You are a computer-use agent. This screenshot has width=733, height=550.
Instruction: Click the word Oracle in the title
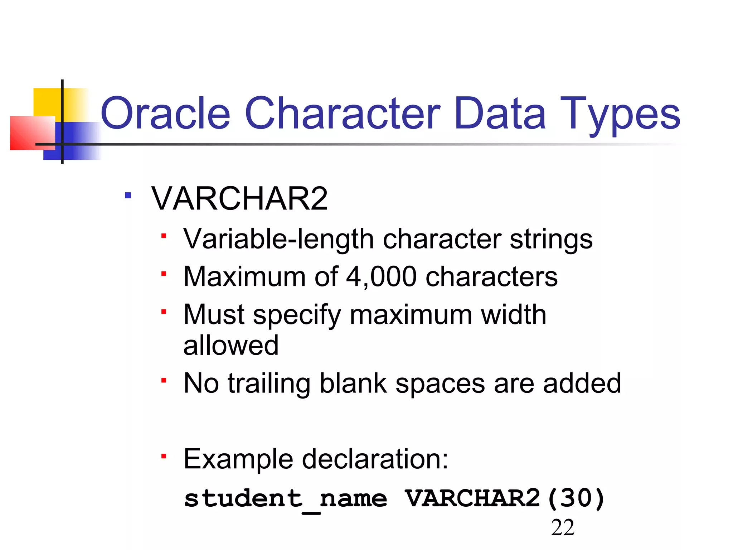165,114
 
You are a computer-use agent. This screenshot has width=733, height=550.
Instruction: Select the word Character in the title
343,114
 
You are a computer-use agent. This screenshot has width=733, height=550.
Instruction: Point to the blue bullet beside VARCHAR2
128,196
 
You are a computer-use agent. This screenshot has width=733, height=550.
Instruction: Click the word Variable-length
278,239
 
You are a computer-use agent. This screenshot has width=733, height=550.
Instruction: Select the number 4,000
381,277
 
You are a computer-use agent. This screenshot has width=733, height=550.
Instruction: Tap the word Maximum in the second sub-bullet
244,277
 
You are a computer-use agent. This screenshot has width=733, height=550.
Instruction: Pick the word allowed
231,345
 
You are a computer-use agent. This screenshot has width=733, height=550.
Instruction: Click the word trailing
269,383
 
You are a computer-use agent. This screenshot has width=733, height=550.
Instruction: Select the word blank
353,383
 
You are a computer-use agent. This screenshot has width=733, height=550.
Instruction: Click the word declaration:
375,459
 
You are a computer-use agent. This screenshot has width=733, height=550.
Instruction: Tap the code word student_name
285,499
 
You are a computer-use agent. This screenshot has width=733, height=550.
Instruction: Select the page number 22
563,528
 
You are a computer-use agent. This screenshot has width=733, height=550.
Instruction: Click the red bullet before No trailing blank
164,380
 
